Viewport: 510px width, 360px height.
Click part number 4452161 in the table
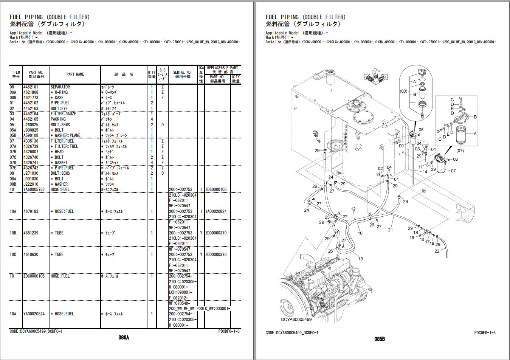pos(31,87)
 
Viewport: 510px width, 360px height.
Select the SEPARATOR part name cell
pos(60,87)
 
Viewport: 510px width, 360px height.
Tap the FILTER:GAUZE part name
pos(63,114)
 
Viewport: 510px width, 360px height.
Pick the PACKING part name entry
pos(58,119)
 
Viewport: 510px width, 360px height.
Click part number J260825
pos(31,125)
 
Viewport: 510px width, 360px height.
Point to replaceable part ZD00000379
pos(216,233)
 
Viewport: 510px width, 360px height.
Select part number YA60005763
pos(34,189)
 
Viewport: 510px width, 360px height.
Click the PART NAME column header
pos(75,74)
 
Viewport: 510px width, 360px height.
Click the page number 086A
pos(124,338)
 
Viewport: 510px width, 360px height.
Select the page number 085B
pos(380,339)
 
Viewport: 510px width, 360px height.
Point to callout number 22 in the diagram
pos(437,251)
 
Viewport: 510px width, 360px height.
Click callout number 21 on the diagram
pos(390,230)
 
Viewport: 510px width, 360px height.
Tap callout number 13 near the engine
pos(361,259)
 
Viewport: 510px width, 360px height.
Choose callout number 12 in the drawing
pos(353,209)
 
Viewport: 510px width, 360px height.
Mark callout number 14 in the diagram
pos(425,172)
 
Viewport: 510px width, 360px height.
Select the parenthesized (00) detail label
pos(403,91)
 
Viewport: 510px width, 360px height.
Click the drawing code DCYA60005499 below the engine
pos(296,320)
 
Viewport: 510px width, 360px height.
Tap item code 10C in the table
pos(13,254)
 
